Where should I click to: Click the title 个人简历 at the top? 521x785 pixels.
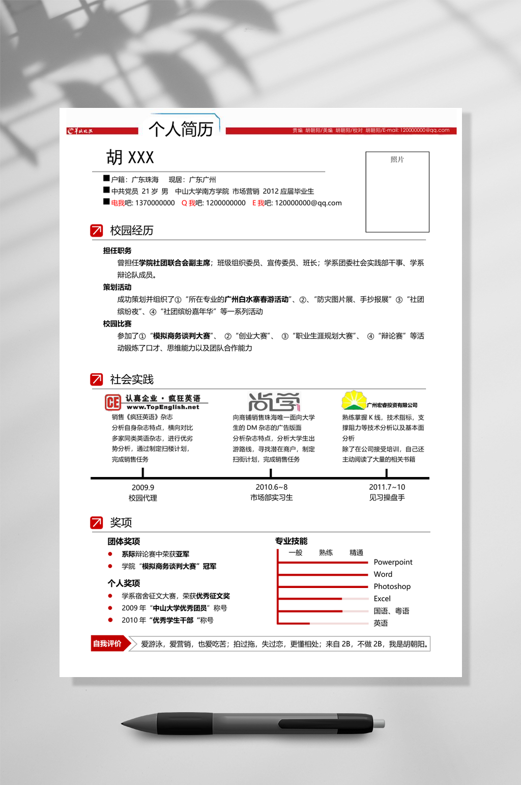[181, 129]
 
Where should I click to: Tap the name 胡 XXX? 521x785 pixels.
[130, 158]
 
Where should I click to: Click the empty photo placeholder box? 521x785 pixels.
[397, 192]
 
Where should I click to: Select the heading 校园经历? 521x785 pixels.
[132, 231]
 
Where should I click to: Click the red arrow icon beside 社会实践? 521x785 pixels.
[96, 379]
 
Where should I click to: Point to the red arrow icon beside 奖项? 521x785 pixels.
[96, 522]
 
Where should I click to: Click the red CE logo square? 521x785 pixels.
[112, 403]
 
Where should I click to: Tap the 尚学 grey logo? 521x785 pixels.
[274, 402]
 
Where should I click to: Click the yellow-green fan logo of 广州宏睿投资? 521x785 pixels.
[354, 400]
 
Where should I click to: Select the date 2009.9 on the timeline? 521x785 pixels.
[143, 488]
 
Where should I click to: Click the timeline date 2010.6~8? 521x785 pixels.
[271, 487]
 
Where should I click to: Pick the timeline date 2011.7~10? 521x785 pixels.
[387, 487]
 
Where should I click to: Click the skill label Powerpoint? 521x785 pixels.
[393, 562]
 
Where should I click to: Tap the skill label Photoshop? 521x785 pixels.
[392, 586]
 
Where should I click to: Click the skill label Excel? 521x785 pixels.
[382, 599]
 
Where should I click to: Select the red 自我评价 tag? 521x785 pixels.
[107, 643]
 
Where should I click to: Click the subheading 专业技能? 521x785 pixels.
[291, 541]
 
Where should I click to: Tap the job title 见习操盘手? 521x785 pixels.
[387, 498]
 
